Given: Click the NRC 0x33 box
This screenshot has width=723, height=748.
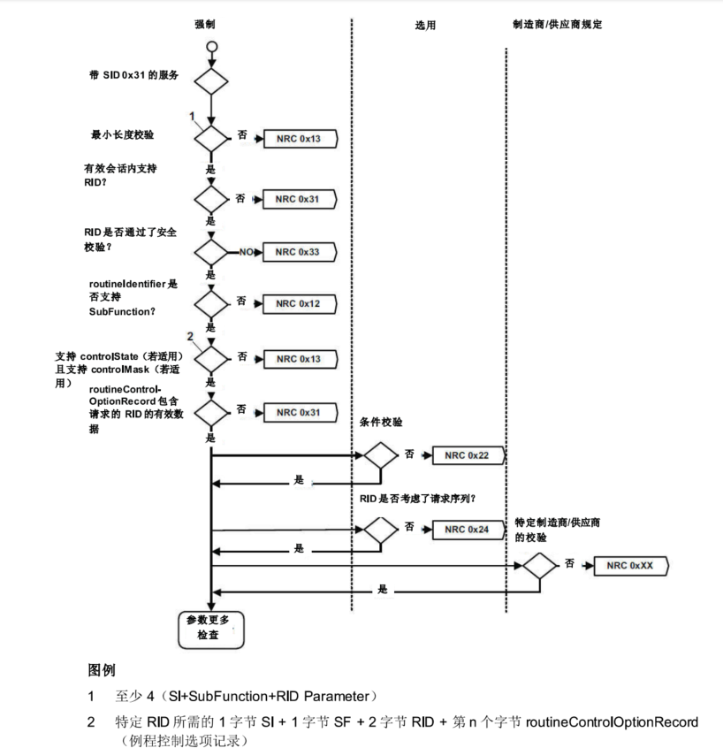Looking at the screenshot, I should coord(297,252).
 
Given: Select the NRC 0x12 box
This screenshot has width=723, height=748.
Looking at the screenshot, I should coord(297,304).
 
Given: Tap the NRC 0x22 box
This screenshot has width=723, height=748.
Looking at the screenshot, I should coord(467,455).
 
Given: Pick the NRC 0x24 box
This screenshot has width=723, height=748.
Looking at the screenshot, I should coord(467,529).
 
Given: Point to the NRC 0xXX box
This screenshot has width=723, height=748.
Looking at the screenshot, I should coord(630,565).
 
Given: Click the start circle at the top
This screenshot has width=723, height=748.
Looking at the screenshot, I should coord(211,47).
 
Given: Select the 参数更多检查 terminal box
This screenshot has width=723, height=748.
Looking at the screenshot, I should coord(209,628).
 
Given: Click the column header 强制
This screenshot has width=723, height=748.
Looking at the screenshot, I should coord(205,24).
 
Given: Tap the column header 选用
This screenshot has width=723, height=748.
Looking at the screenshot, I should coord(426,25).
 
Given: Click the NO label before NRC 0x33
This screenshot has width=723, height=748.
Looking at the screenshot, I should coord(246,252).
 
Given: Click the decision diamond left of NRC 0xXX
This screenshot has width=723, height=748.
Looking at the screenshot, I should coord(538,565).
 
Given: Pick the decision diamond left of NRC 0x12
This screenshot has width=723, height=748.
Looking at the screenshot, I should coord(211,304).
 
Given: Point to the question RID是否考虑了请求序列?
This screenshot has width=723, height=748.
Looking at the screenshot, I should coord(418,498).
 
